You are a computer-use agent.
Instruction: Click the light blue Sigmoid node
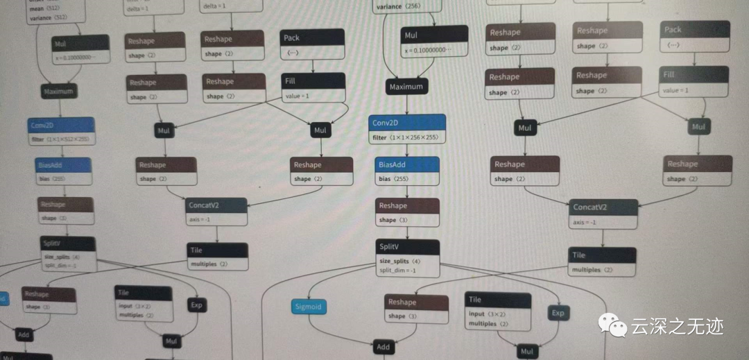309,307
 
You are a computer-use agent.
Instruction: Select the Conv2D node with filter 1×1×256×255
407,130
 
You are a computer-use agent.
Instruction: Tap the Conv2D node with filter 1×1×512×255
62,131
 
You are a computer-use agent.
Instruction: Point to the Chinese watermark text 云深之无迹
675,325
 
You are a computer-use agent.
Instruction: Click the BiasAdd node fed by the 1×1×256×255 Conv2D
408,171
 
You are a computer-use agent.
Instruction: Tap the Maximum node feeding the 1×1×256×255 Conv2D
406,87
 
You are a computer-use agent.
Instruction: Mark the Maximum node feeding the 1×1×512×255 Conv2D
59,91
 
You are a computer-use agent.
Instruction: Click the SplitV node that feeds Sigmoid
408,258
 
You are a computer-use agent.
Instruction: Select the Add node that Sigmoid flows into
384,347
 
